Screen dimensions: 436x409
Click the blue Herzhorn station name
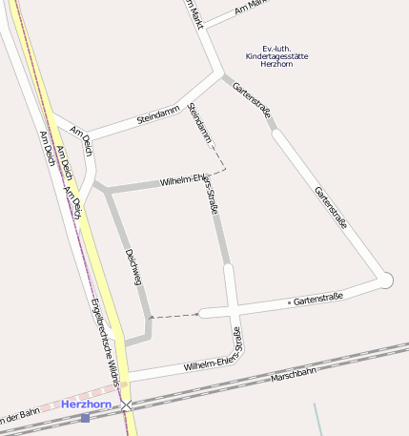86,405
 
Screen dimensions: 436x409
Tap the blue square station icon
85,417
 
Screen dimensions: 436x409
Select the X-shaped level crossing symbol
127,405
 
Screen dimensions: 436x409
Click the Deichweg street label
133,267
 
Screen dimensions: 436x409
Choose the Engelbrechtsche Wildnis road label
105,342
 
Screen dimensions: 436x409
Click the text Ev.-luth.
276,48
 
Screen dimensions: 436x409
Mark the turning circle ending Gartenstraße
385,280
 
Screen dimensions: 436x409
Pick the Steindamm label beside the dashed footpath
200,124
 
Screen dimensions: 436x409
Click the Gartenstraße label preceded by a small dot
318,300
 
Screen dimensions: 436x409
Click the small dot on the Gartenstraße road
289,302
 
